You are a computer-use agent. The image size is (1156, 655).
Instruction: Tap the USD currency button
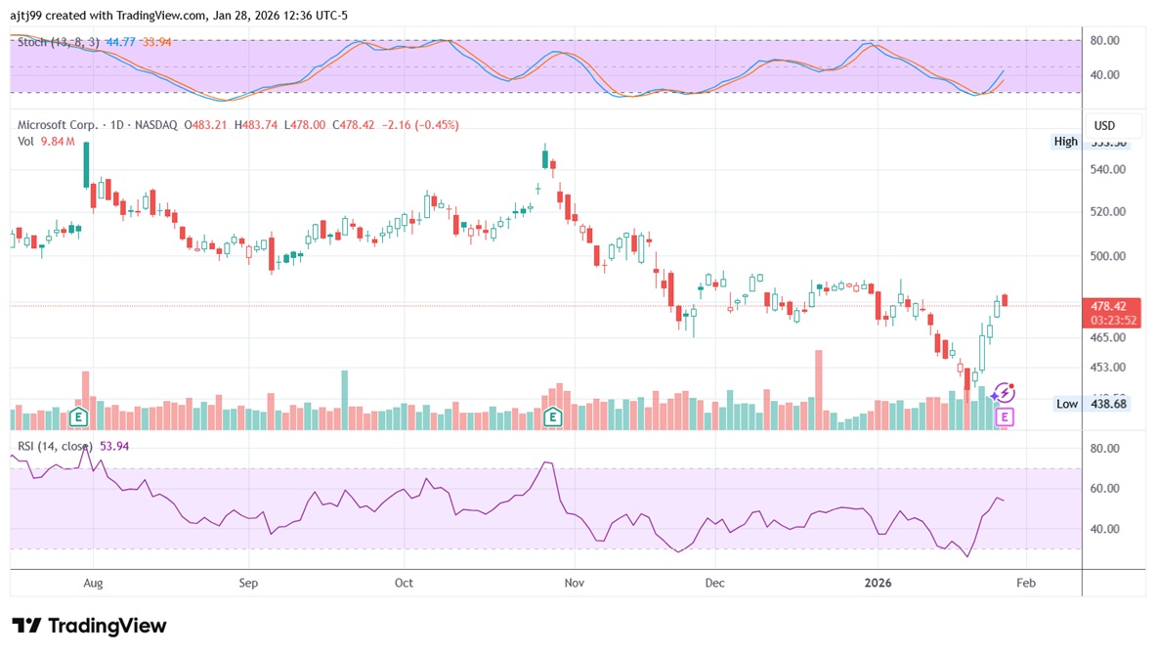point(1105,126)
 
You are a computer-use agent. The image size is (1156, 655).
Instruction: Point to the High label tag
point(1065,142)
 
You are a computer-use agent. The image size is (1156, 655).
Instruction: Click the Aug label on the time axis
point(93,583)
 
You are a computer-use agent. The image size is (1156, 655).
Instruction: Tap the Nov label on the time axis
point(575,583)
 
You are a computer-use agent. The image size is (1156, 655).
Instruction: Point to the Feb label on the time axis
point(1025,583)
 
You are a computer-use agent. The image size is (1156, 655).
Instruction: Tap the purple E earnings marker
point(1004,417)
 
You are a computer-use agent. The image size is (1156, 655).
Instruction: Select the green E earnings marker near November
point(553,417)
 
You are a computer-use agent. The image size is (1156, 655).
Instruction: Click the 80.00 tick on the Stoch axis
point(1106,41)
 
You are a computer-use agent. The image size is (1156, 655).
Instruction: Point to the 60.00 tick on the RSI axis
point(1106,489)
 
